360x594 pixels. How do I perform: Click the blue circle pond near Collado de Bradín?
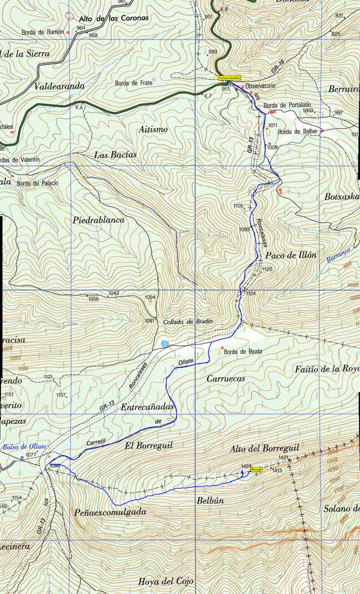(164, 344)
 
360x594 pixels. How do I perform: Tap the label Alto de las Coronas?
(113, 18)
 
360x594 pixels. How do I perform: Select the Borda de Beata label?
(243, 351)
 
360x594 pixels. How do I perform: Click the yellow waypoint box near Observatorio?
(229, 78)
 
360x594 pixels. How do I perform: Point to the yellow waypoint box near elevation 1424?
(256, 469)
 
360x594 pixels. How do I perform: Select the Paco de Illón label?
(291, 256)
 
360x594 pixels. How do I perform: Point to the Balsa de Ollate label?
(24, 447)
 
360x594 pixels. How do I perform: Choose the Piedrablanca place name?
(99, 220)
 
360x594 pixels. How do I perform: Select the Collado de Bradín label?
(188, 322)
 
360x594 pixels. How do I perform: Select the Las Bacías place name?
(115, 155)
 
